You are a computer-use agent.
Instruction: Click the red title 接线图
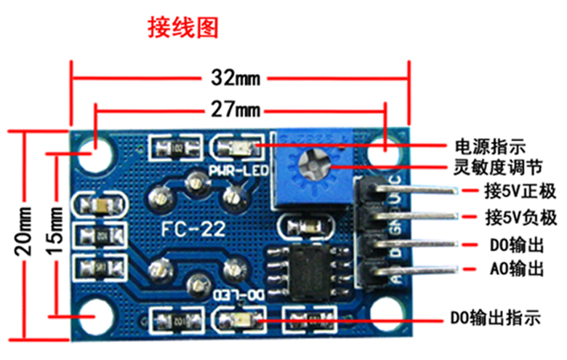pos(182,27)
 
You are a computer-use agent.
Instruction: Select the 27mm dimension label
pos(239,111)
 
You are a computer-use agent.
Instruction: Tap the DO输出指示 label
pos(495,318)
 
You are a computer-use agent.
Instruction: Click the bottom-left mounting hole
pos(92,316)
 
